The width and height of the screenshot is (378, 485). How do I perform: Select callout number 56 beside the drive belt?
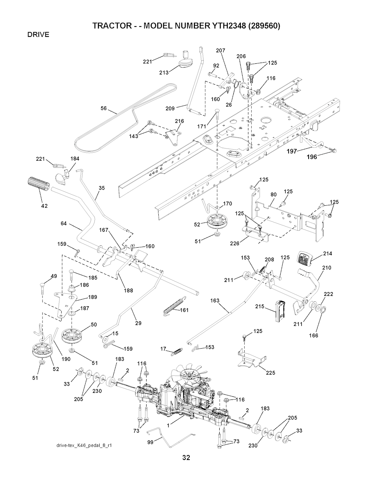point(104,108)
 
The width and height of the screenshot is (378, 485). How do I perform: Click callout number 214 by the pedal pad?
point(327,253)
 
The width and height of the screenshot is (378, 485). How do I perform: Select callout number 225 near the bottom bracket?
point(270,373)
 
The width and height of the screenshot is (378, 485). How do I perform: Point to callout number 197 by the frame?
point(292,151)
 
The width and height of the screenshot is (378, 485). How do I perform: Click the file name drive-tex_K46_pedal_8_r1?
point(84,445)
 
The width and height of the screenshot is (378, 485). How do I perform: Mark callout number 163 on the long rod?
point(215,301)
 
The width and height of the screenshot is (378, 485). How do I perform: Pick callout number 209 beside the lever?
point(170,108)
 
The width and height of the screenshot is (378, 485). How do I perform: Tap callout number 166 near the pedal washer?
point(314,335)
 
